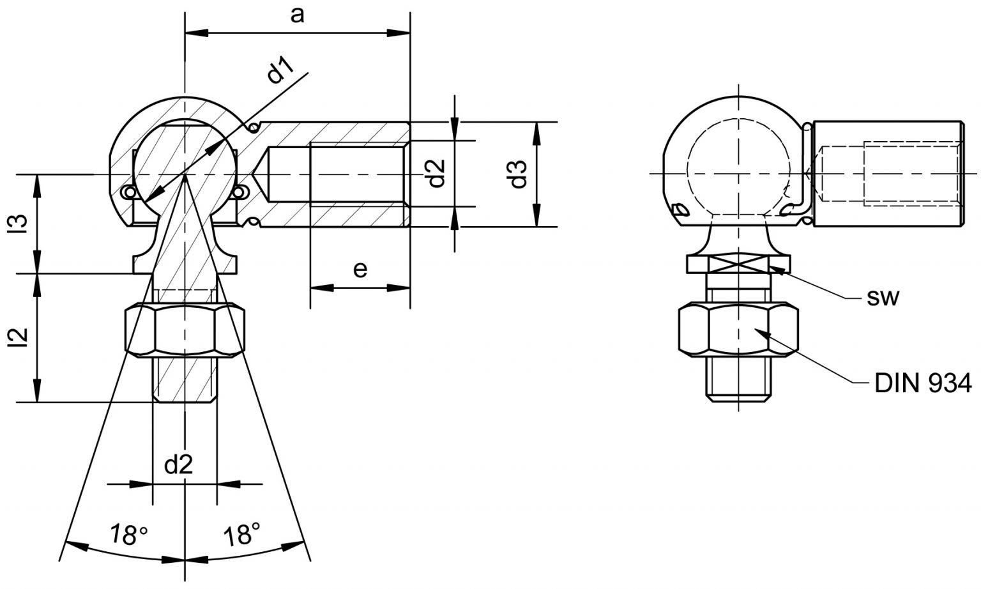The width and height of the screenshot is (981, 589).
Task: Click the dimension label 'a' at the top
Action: pos(297,16)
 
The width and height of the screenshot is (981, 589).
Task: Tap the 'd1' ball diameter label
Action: pos(280,70)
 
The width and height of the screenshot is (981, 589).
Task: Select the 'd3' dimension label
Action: pos(519,174)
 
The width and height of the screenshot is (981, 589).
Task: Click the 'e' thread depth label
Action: pos(360,270)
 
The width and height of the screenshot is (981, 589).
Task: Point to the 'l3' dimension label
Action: pos(19,224)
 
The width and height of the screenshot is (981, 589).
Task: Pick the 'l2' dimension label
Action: pos(19,338)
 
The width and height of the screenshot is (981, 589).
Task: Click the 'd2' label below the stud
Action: pos(179,464)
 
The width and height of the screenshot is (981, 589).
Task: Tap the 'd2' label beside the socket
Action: pos(436,173)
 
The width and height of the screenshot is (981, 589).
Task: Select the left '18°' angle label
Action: pos(128,534)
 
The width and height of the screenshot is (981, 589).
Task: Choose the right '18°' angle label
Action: pos(242,534)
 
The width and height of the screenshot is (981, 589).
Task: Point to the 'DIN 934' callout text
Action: pos(923,383)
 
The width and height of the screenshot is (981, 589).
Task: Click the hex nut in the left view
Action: pos(185,329)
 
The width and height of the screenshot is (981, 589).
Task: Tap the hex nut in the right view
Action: pos(738,329)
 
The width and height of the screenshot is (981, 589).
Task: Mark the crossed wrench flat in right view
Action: pos(738,264)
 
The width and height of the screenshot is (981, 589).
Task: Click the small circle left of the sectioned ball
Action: pos(129,192)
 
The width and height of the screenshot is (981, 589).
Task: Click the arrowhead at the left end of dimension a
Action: pos(197,33)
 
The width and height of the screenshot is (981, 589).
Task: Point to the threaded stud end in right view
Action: pos(738,379)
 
